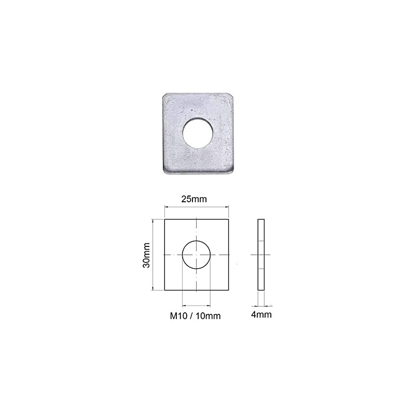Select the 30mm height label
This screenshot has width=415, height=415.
coord(147,255)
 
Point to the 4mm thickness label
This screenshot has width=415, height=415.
coord(261,314)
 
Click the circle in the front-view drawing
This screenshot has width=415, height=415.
coord(196,255)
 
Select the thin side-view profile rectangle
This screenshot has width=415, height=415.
coord(261,255)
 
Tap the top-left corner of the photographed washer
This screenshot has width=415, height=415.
coord(164,94)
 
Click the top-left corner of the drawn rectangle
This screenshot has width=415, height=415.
coord(165,219)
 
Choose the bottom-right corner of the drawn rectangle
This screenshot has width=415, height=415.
coord(228,290)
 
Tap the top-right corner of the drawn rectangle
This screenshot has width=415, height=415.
coord(228,219)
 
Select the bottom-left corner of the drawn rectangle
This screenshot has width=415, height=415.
coord(165,290)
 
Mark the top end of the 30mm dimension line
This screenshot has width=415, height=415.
coord(154,220)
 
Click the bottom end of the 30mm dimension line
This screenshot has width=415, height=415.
coord(154,289)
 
